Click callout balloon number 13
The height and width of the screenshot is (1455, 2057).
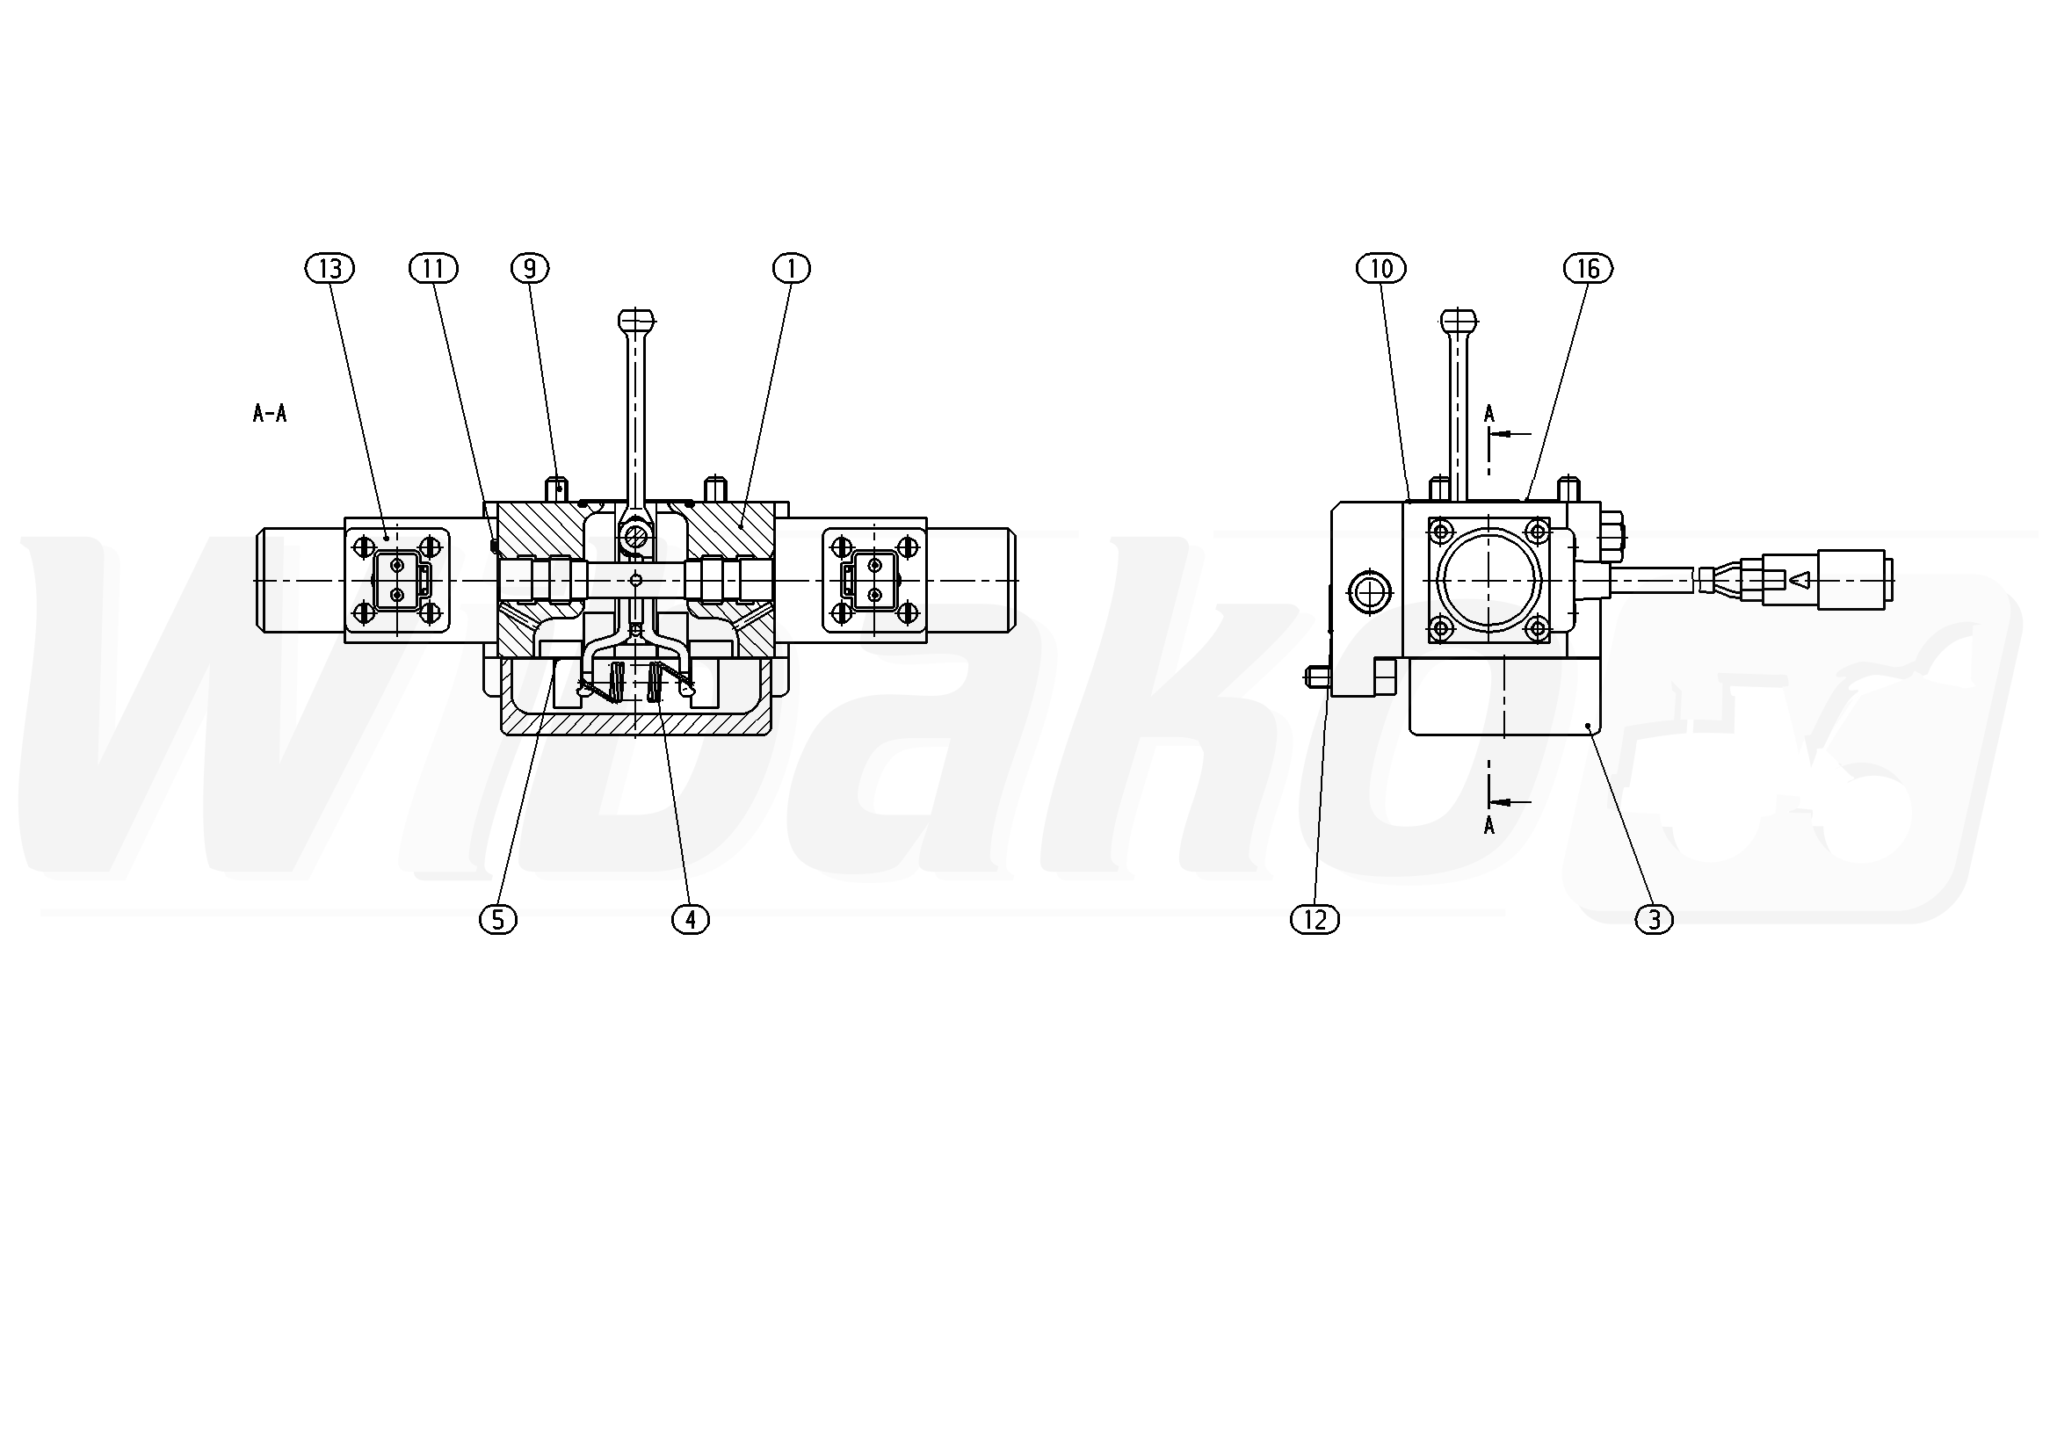pos(330,268)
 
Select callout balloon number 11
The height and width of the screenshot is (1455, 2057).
pos(433,268)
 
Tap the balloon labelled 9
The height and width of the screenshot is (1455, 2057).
pos(530,268)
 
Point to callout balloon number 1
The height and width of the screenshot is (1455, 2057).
pos(791,268)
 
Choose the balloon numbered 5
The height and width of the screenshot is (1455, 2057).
pos(498,919)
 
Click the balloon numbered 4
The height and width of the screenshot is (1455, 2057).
pos(690,919)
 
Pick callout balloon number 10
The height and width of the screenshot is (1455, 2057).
pos(1381,268)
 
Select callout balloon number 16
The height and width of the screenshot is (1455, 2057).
pos(1588,268)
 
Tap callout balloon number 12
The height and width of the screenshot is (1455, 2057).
pos(1315,919)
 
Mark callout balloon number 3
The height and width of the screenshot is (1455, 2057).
pos(1654,919)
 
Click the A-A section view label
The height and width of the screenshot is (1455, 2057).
pos(270,413)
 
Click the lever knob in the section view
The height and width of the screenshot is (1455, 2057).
pos(635,320)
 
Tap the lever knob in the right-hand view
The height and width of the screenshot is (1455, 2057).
pos(1459,320)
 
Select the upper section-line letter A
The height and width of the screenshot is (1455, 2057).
pos(1489,413)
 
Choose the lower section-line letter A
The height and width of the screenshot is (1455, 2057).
pos(1489,825)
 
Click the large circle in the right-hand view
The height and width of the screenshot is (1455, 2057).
pos(1488,580)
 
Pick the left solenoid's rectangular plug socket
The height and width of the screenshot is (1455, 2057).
pos(396,581)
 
